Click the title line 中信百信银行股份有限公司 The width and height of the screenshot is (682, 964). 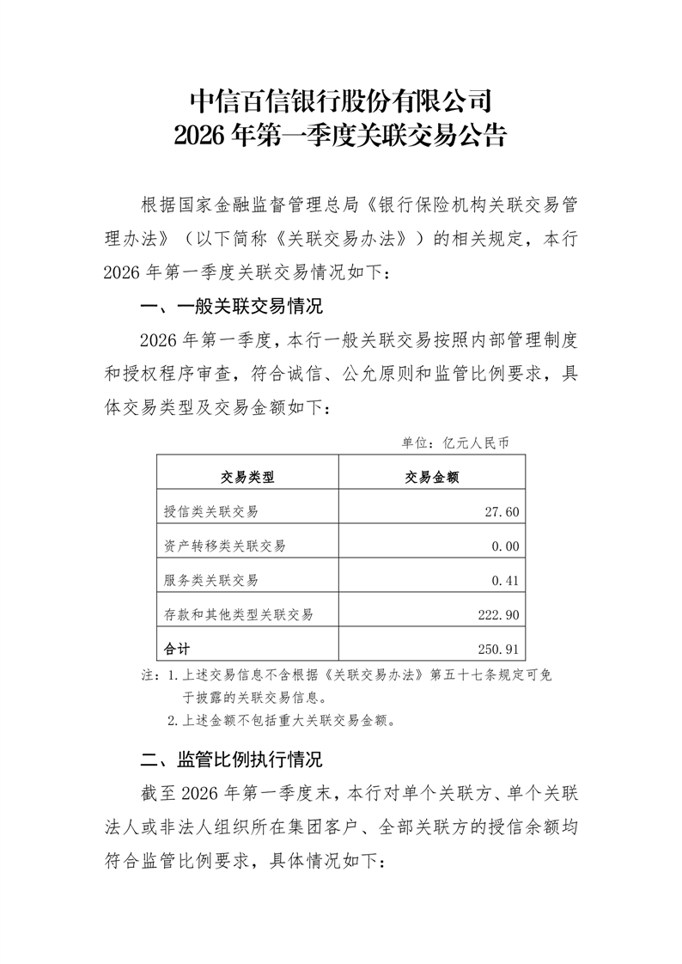click(x=340, y=101)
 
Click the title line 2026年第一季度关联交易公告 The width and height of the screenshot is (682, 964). click(x=340, y=136)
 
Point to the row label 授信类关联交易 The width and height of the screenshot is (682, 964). click(x=211, y=512)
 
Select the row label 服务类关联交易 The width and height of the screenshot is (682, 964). click(x=211, y=580)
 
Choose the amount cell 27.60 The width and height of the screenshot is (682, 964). click(x=501, y=512)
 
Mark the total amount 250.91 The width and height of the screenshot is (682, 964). click(x=497, y=647)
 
